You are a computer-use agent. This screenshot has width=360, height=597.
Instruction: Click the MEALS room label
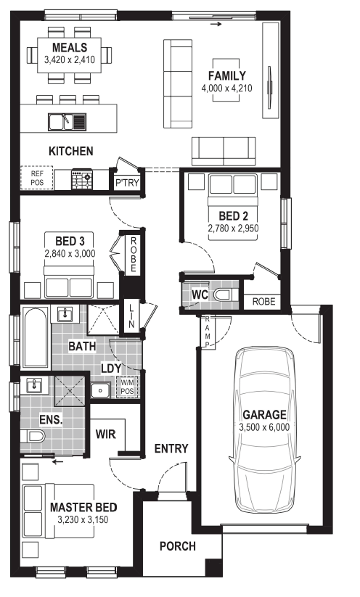click(70, 48)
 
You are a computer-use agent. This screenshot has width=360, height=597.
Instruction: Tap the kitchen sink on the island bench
click(67, 122)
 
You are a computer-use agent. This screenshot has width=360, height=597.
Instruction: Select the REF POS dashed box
click(37, 178)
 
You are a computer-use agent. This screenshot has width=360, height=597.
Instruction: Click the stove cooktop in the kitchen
click(82, 180)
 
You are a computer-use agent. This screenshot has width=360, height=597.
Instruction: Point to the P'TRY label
click(127, 182)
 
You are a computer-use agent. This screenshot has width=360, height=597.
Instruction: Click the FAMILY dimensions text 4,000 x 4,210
click(226, 88)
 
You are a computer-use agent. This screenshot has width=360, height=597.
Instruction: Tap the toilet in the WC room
click(226, 295)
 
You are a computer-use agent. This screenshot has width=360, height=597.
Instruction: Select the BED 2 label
click(233, 216)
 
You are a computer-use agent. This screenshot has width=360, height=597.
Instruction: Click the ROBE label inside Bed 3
click(134, 255)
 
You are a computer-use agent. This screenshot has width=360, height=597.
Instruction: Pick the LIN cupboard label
click(131, 316)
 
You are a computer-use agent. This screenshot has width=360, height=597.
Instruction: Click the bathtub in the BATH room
click(36, 338)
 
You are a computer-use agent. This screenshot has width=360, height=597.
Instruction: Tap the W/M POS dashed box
click(127, 387)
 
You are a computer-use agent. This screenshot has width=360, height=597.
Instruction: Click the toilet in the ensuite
click(33, 436)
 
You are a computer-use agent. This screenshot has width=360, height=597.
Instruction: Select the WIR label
click(105, 434)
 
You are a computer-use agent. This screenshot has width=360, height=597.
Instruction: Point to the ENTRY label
click(171, 448)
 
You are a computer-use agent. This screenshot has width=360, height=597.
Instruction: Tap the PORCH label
click(178, 546)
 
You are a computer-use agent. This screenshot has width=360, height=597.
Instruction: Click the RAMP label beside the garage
click(208, 332)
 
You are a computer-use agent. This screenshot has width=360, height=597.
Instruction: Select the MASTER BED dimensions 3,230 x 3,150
click(83, 519)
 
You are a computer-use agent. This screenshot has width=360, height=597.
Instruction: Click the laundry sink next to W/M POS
click(101, 390)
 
